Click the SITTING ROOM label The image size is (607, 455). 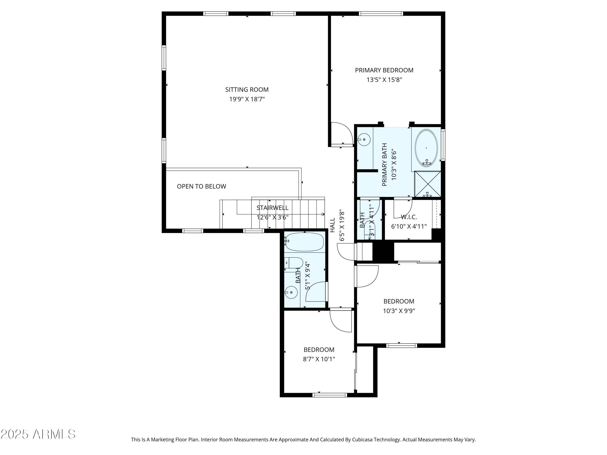point(247,90)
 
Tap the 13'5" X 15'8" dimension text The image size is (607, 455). point(384,80)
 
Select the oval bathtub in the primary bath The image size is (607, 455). point(426,148)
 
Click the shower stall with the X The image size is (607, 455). point(428,184)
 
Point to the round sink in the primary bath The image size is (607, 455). point(364,140)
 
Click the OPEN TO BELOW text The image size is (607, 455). point(201,186)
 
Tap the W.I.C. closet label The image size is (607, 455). point(409,217)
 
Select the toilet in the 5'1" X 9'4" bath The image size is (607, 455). point(294,263)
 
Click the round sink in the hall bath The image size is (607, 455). point(291,292)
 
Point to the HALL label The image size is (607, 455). point(332,225)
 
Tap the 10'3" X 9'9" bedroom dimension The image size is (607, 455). point(399,311)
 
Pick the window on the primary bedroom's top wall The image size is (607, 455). point(381,13)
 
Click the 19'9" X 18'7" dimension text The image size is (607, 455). point(247,99)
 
